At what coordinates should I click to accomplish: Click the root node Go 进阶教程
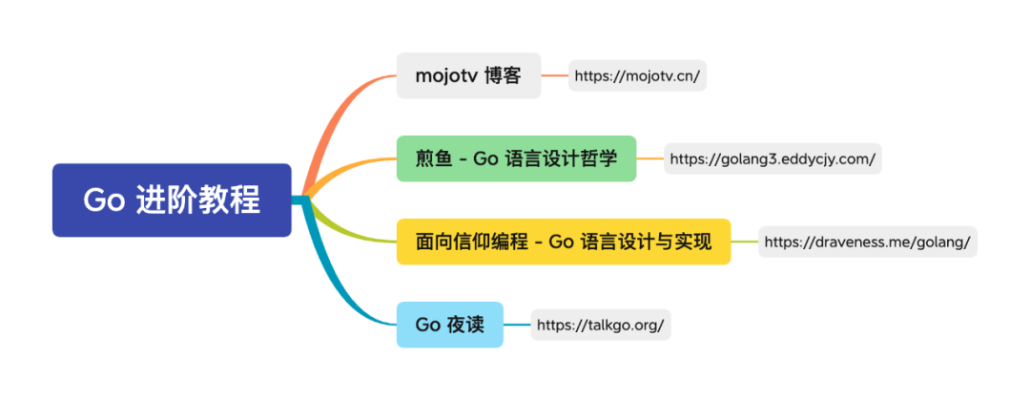[x=172, y=200]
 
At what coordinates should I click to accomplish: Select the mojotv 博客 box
[x=468, y=75]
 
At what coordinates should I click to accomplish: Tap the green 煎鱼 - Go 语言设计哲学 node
[x=516, y=158]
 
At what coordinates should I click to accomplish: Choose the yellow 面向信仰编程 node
[x=564, y=242]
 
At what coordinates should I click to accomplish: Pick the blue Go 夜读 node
[x=449, y=325]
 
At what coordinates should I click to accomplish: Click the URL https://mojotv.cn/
[x=638, y=75]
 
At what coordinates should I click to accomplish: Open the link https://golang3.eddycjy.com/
[x=772, y=158]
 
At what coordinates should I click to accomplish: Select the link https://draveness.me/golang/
[x=867, y=242]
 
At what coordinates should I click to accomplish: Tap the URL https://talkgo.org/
[x=600, y=325]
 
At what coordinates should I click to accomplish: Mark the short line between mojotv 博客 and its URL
[x=555, y=75]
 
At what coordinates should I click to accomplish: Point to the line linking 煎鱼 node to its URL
[x=649, y=158]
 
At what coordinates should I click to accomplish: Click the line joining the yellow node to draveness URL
[x=744, y=242]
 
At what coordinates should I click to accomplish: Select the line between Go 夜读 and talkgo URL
[x=517, y=325]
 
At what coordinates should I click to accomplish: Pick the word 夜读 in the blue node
[x=465, y=325]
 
